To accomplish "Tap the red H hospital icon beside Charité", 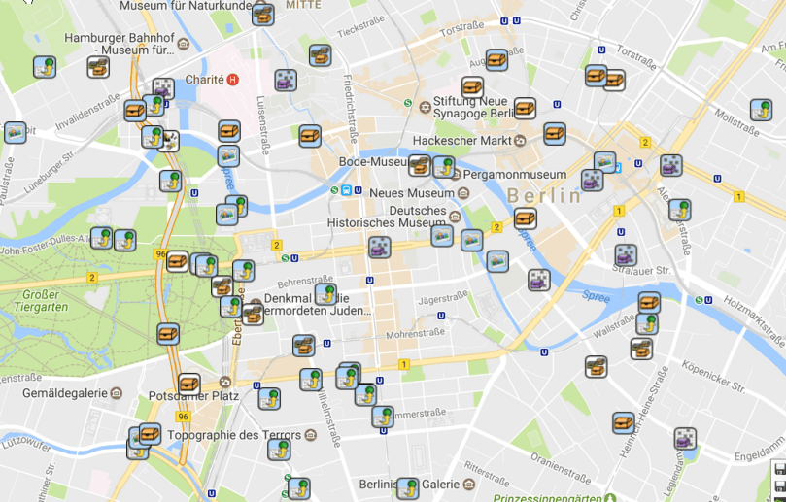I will click(233, 80).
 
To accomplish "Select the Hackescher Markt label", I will click(461, 140).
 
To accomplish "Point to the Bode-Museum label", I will click(372, 161).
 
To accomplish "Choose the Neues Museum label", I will click(412, 193).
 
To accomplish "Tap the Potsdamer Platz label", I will click(194, 396).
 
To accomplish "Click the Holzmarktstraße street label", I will click(753, 319).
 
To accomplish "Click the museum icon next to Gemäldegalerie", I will click(117, 393).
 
